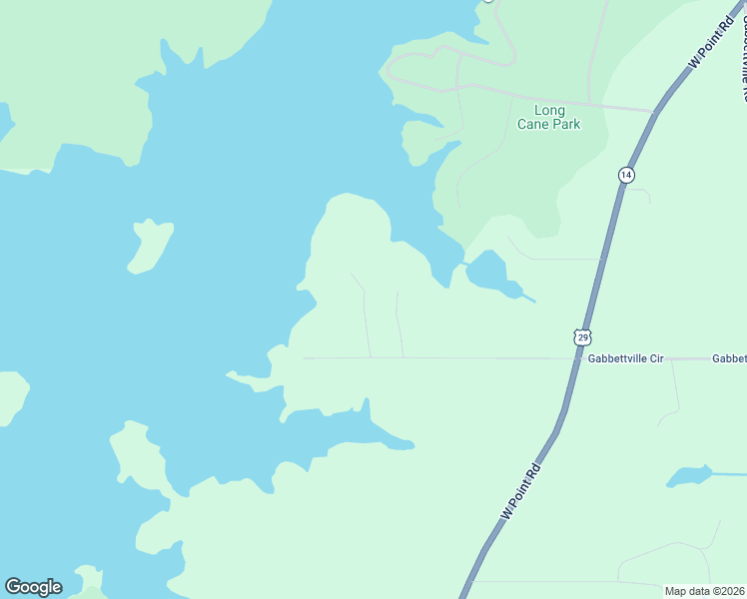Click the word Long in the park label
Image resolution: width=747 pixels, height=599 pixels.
pos(549,110)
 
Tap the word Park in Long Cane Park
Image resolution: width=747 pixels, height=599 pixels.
pos(565,125)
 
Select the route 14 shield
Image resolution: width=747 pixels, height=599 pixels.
pos(625,175)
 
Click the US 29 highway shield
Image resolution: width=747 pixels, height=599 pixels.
pos(582,336)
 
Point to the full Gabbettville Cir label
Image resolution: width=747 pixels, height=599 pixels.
pos(625,357)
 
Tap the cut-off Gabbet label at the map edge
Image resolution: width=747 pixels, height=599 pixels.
pos(729,357)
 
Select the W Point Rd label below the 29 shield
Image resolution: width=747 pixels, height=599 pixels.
pos(520,490)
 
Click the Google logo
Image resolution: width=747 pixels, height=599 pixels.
pos(33,587)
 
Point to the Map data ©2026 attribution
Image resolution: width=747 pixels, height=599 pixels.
pos(705,591)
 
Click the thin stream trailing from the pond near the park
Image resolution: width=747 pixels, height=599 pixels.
pos(526,296)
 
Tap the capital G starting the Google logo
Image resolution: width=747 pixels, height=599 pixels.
pos(13,587)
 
